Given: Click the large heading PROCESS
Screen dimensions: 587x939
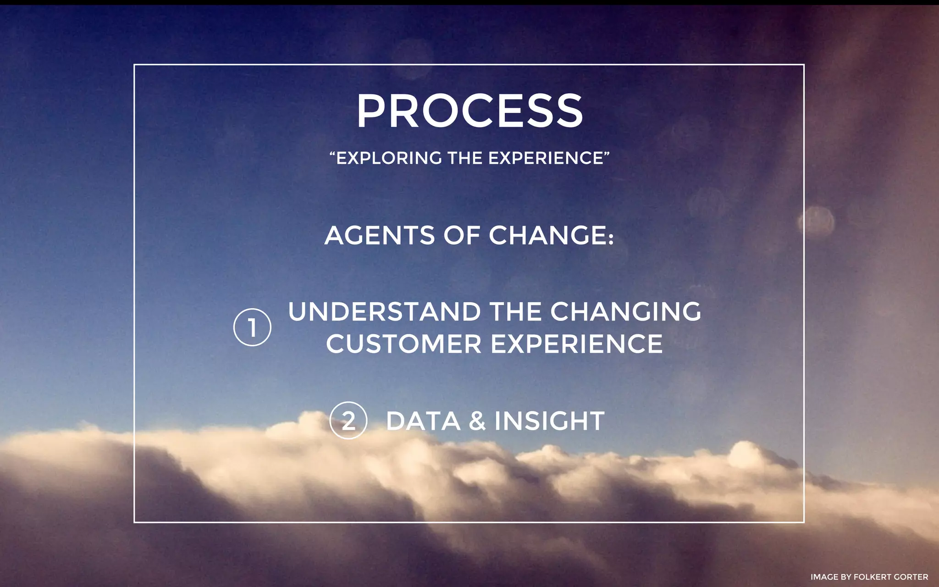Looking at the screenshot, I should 469,111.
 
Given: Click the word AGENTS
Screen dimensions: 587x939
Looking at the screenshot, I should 379,236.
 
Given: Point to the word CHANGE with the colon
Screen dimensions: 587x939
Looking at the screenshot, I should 551,236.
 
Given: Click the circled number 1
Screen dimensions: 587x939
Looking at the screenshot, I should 252,327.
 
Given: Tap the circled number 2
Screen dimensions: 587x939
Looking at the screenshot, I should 348,421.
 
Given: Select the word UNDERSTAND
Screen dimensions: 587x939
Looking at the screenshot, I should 384,312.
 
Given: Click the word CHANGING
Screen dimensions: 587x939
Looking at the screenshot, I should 625,312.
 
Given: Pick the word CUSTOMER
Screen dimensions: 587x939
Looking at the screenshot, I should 404,344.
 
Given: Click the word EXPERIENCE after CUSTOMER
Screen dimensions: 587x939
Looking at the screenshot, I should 577,344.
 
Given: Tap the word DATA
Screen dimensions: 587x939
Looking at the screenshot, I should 423,421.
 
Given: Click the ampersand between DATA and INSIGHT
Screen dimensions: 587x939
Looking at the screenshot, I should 477,421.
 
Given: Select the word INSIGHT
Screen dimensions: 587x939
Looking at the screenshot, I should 549,421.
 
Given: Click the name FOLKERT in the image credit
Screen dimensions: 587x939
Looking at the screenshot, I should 873,577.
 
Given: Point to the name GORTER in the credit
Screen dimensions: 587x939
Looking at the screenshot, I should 911,577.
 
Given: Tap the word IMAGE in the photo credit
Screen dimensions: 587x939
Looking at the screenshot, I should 824,577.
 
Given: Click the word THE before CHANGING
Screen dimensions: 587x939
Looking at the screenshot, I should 515,312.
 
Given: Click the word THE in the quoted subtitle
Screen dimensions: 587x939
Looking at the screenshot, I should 465,158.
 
